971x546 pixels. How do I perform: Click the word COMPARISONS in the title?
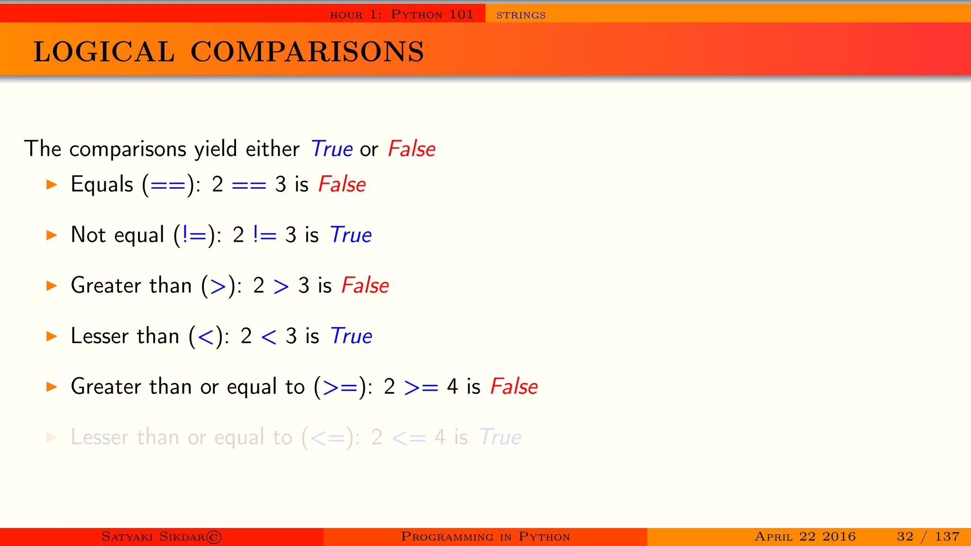tap(307, 52)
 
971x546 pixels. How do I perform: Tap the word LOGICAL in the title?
tap(104, 52)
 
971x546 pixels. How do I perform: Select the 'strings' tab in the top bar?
tap(521, 15)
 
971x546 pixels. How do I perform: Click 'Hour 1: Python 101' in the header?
tap(402, 15)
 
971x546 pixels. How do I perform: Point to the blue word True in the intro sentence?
tap(331, 149)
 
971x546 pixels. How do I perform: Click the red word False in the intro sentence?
tap(411, 149)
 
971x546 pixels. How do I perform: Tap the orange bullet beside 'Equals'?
tap(52, 184)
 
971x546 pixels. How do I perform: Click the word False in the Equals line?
tap(342, 184)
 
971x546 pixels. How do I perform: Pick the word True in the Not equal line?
tap(350, 235)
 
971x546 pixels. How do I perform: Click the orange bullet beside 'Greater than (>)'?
tap(52, 285)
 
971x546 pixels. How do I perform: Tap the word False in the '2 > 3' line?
tap(365, 285)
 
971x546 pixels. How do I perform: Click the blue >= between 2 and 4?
tap(421, 387)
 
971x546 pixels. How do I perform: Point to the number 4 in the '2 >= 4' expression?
tap(452, 387)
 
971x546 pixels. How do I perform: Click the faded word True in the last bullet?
tap(500, 437)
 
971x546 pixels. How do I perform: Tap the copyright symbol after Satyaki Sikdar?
tap(214, 537)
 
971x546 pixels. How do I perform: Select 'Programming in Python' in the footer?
tap(485, 537)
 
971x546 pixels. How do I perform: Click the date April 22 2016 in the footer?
tap(805, 537)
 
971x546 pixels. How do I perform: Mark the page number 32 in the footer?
tap(905, 537)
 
